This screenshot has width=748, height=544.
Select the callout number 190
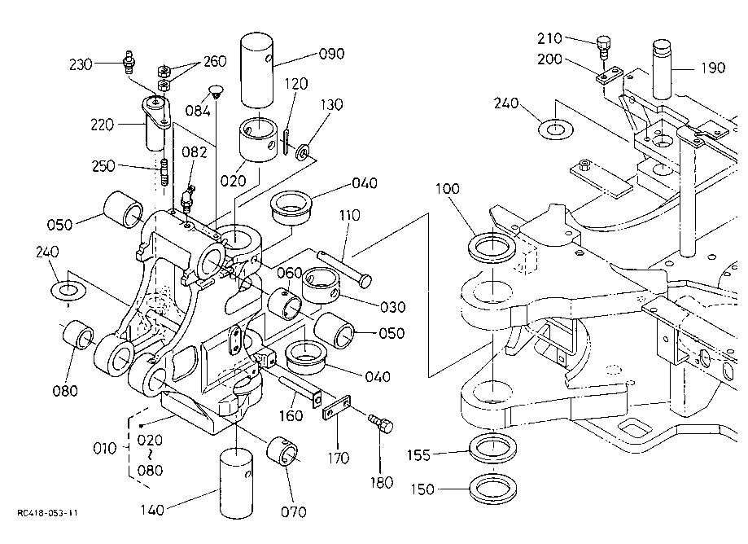tap(712, 68)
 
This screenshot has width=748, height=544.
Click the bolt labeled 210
tap(603, 45)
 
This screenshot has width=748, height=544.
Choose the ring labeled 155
tap(493, 450)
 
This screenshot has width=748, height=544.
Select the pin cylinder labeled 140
tap(238, 484)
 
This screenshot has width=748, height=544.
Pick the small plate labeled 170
tap(337, 408)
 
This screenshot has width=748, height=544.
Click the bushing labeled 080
tap(78, 336)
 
